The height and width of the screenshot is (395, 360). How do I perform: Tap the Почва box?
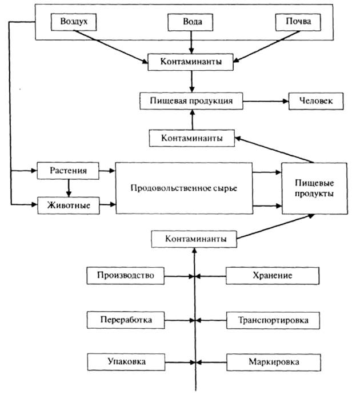tap(295, 22)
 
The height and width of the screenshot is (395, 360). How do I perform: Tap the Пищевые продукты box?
tap(314, 188)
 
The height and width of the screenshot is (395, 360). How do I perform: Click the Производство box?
tap(125, 276)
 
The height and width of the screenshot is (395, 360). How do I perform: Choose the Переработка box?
tap(125, 320)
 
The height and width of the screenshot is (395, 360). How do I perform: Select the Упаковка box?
tap(125, 362)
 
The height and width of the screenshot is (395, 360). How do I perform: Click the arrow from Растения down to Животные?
tap(69, 187)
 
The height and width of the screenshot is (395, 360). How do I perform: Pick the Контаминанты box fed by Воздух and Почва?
tap(192, 61)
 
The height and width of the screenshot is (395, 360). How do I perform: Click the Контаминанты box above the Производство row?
tap(194, 238)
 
